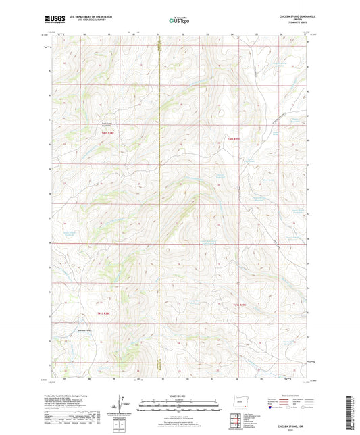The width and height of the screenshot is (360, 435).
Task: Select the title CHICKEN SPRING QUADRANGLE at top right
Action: tap(286, 16)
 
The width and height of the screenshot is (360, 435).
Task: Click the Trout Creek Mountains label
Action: tap(99, 124)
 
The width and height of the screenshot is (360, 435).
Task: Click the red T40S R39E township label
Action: tap(234, 139)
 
